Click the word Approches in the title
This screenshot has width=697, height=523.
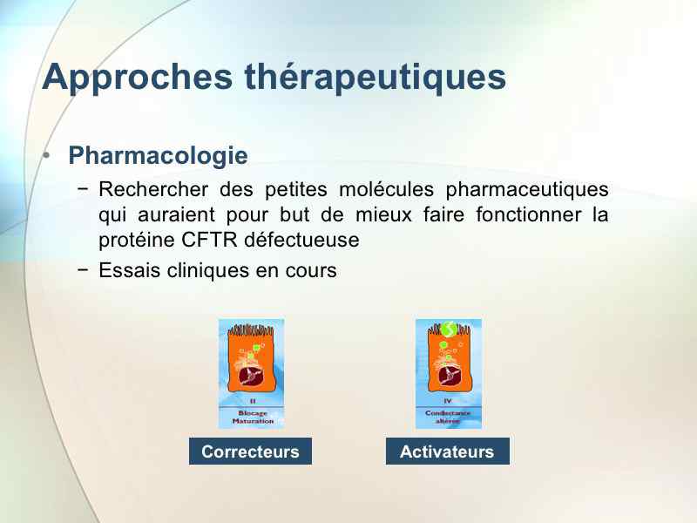[138, 78]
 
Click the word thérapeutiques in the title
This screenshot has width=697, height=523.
[376, 77]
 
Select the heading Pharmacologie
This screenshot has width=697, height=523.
[158, 156]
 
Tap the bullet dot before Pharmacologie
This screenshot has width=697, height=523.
[46, 155]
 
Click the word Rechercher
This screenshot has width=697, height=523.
[153, 189]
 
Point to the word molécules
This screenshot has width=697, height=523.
[386, 189]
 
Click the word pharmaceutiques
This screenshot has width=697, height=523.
[527, 190]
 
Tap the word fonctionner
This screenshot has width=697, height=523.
[529, 214]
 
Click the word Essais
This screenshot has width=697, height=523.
[129, 270]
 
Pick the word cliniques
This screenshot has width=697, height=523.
[207, 271]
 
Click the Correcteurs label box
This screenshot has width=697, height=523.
[250, 452]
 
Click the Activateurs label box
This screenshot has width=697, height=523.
[448, 452]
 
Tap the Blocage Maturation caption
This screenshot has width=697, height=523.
[253, 418]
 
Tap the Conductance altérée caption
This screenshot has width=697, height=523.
[448, 418]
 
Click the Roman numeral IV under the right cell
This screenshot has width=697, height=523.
[448, 401]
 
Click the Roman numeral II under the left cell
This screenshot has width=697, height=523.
[253, 401]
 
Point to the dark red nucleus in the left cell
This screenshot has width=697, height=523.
[251, 376]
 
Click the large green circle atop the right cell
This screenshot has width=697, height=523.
[450, 329]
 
